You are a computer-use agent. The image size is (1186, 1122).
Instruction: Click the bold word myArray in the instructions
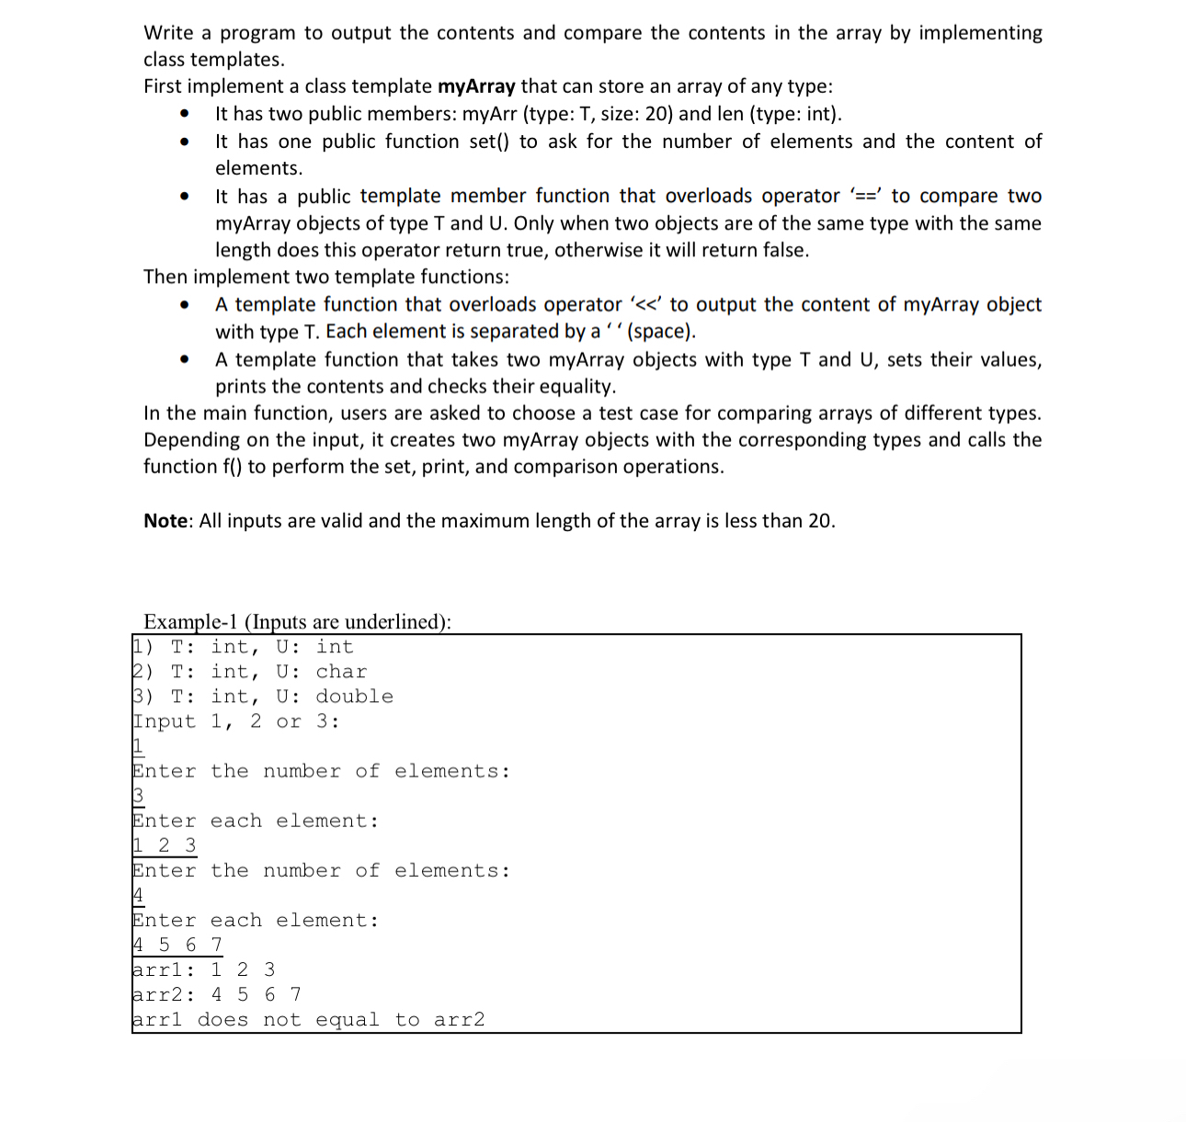476,86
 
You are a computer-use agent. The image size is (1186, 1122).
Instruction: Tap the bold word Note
165,521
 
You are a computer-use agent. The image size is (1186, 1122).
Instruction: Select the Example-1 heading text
297,622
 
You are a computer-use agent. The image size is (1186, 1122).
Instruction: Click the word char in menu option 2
341,672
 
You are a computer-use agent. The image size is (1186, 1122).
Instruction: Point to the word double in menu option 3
354,697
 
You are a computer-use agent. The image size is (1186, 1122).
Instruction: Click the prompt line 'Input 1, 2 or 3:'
236,721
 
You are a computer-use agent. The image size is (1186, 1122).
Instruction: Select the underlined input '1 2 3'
165,844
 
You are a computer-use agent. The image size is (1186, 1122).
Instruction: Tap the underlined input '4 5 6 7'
177,945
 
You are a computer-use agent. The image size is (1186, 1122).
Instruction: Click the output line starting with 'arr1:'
203,969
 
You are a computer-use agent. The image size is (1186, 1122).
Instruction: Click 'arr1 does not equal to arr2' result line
308,1020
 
